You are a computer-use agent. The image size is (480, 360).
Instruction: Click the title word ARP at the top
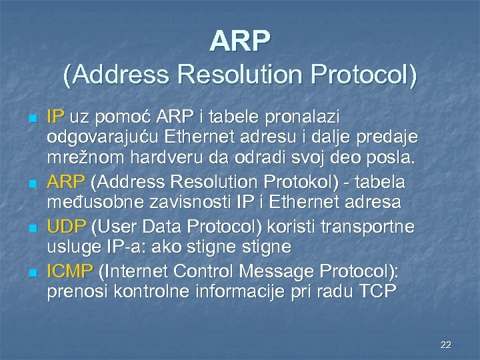240,41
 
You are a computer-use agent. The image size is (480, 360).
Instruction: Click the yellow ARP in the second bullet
65,182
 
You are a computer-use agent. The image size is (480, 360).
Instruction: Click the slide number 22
446,345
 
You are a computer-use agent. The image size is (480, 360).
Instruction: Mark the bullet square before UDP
31,227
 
